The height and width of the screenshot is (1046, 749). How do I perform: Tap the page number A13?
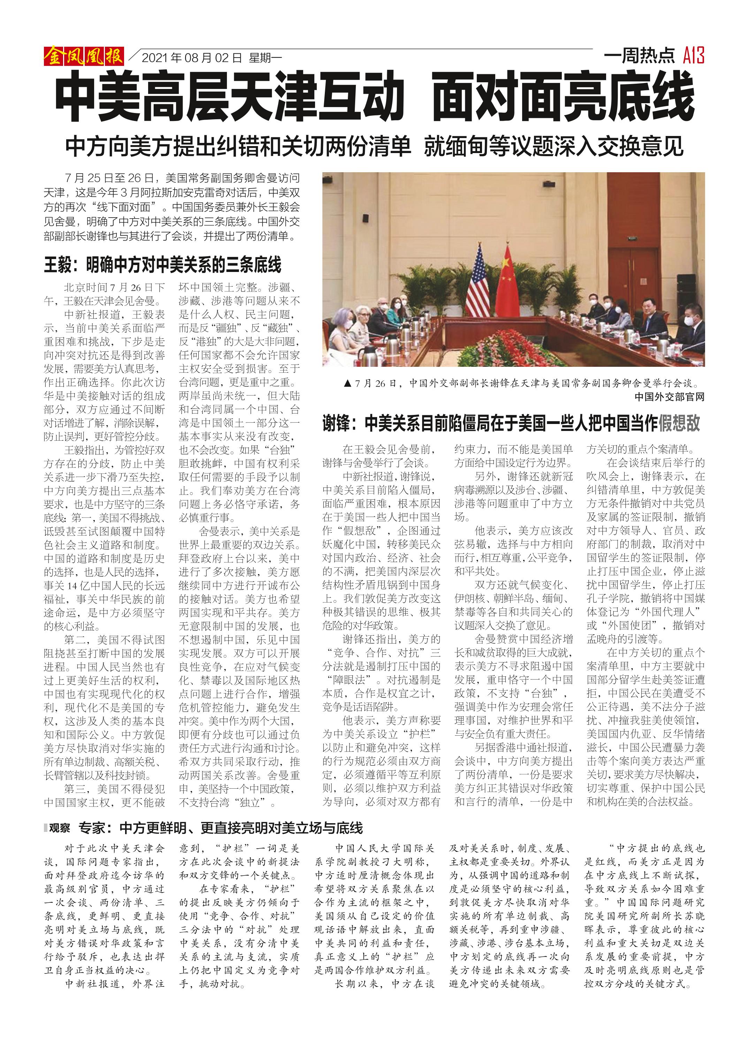[x=694, y=55]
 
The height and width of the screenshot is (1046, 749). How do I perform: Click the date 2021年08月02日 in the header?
[x=192, y=58]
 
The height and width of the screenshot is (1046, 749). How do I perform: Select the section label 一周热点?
[x=639, y=56]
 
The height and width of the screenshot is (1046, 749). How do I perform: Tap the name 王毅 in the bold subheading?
[x=58, y=265]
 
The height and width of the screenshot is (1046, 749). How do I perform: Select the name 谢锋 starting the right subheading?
[x=336, y=423]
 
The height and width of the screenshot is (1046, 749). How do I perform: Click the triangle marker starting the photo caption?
[x=348, y=383]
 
